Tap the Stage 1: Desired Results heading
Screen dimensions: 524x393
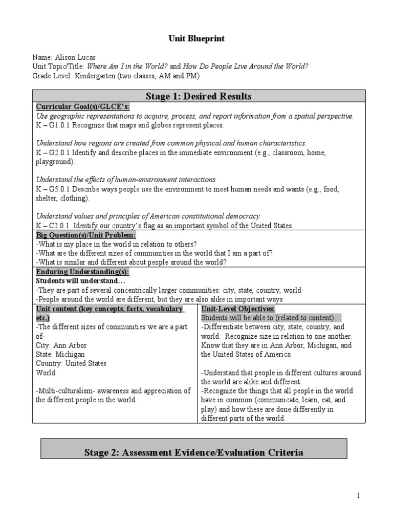pos(199,96)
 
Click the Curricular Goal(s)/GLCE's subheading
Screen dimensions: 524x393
pos(82,106)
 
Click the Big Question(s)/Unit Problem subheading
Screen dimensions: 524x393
pos(85,235)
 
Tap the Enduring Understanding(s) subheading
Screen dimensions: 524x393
pos(82,272)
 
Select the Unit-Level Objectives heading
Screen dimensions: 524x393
pos(238,309)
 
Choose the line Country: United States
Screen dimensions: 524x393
pos(71,363)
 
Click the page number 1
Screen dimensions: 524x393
pos(359,496)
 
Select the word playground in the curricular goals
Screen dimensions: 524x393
pos(54,162)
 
